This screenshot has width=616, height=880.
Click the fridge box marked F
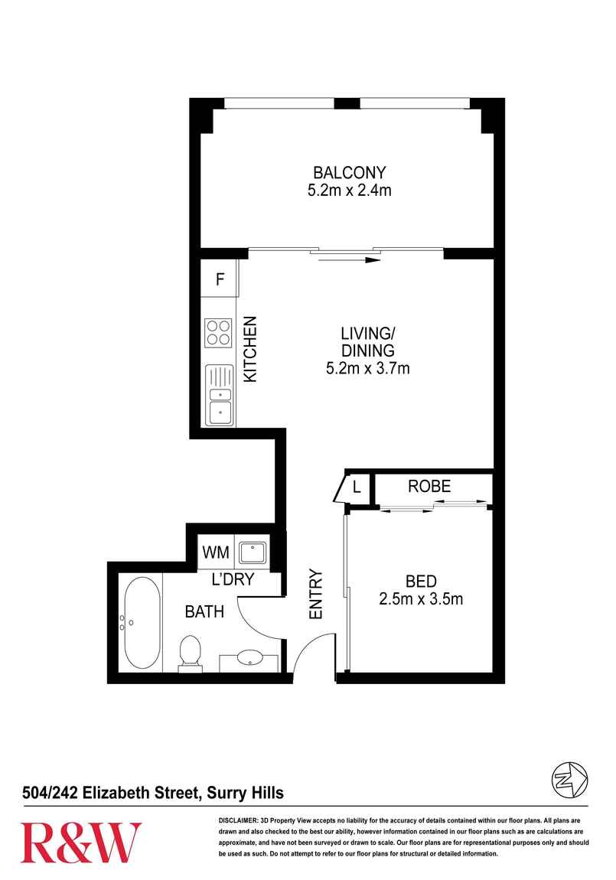click(220, 279)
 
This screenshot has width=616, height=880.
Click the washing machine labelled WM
click(215, 551)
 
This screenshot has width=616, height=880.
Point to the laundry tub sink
click(252, 551)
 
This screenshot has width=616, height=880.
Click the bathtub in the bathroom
click(141, 624)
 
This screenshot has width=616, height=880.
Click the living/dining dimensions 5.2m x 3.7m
click(367, 369)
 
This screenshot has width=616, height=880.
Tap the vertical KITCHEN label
click(249, 350)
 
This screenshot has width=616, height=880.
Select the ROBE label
click(429, 486)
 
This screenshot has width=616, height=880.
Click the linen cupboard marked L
click(357, 487)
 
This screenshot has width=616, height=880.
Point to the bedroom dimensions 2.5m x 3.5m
click(421, 598)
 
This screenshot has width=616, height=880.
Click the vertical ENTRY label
click(315, 594)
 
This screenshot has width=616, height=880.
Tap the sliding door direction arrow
click(349, 260)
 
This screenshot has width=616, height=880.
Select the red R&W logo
click(81, 842)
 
